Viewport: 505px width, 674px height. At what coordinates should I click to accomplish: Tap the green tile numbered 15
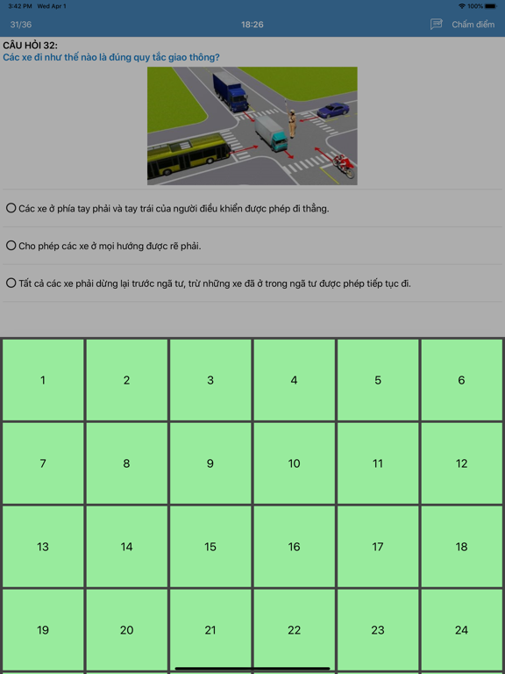tap(210, 547)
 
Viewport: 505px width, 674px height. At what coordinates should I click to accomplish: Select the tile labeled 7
tap(43, 463)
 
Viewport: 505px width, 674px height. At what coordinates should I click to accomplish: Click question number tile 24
tap(461, 630)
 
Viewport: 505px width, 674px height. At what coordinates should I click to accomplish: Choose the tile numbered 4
tap(294, 380)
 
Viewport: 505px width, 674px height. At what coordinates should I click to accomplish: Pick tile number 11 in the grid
tap(378, 463)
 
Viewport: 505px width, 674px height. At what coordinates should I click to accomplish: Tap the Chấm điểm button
tap(473, 25)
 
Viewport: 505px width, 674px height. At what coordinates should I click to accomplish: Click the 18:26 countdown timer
tap(252, 25)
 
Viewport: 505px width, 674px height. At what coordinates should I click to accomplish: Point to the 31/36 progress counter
tap(21, 25)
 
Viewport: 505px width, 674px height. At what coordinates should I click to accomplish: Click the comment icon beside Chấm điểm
tap(437, 24)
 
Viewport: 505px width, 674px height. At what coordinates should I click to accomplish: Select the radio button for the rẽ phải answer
tap(11, 246)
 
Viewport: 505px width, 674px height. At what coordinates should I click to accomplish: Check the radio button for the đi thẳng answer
tap(11, 209)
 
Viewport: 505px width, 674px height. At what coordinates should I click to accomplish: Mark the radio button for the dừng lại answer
tap(11, 283)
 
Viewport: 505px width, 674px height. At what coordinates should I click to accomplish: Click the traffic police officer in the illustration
tap(292, 124)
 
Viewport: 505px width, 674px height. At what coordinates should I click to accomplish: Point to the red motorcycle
tap(344, 166)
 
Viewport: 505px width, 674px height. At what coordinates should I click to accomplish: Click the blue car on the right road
tap(333, 111)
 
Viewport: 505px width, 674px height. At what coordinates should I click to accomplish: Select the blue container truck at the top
tap(231, 91)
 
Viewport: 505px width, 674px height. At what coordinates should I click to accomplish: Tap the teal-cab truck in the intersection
tap(271, 133)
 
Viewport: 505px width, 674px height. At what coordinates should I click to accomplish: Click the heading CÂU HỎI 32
tap(30, 45)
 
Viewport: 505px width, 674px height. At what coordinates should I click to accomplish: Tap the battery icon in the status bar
tap(490, 6)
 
